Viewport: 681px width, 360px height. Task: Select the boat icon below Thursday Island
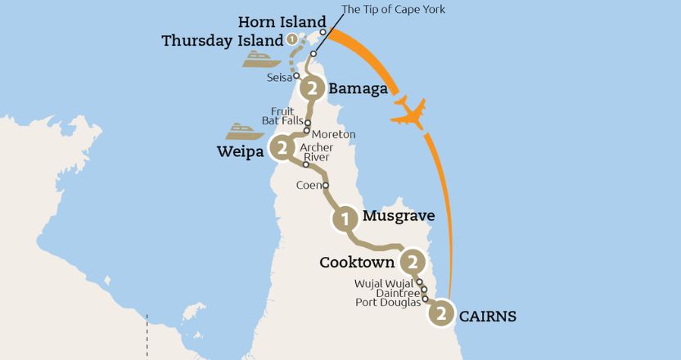(x=261, y=58)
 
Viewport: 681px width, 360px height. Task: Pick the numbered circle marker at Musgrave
(x=345, y=218)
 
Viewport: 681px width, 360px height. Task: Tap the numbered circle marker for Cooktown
(x=413, y=263)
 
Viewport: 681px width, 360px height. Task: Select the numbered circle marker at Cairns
(x=441, y=313)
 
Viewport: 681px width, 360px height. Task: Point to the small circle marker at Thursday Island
(x=291, y=39)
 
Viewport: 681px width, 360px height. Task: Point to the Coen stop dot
(x=326, y=186)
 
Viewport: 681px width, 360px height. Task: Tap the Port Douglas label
(x=388, y=302)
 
